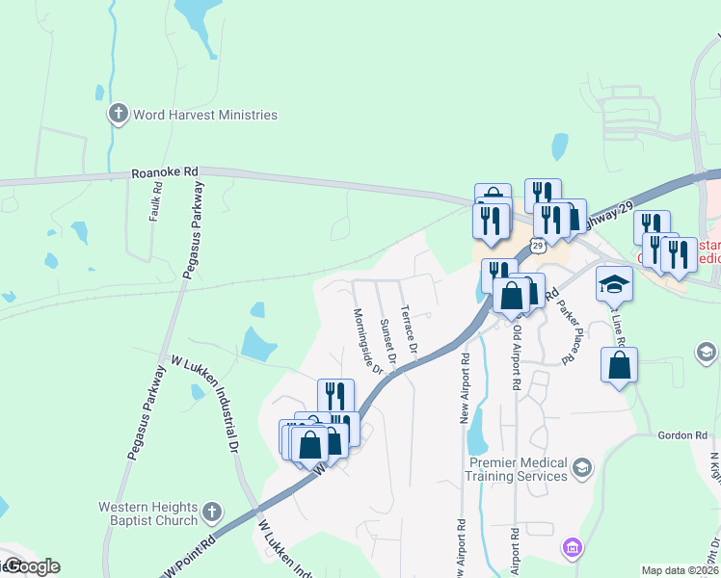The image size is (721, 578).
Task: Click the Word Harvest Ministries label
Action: tap(206, 115)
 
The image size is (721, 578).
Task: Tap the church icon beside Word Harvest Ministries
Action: tap(119, 115)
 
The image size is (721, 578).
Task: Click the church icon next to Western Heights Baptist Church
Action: tap(213, 511)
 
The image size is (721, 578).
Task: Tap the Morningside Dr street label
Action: tap(368, 341)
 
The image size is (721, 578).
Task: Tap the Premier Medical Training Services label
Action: tap(518, 469)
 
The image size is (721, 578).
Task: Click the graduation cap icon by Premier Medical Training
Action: tap(581, 468)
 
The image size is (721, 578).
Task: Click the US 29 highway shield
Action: tap(538, 246)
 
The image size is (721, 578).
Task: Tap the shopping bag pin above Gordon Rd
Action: tap(619, 365)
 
